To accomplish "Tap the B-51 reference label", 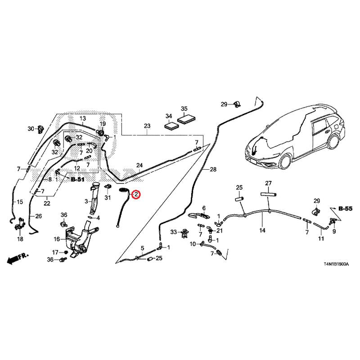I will click(78, 179).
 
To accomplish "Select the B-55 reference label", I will click(345, 209).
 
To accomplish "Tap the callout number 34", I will click(169, 116).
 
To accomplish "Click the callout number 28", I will click(213, 169).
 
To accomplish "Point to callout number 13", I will click(83, 118).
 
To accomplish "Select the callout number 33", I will click(174, 232).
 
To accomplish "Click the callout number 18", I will click(20, 239).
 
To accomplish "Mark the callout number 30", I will click(31, 129).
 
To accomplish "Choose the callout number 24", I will click(139, 166).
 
